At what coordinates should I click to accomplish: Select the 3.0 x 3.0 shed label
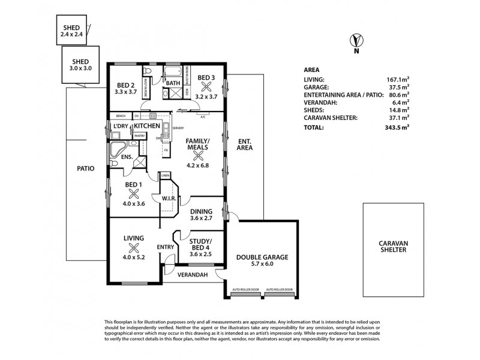point(80,65)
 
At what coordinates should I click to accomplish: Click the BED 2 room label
point(125,88)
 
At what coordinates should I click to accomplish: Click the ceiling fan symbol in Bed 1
point(134,193)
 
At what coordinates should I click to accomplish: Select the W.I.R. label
point(167,197)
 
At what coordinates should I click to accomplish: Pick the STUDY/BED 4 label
point(201,247)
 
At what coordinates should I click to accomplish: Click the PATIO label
point(86,169)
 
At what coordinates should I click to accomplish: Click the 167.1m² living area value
point(397,79)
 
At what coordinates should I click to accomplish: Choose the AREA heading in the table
point(312,69)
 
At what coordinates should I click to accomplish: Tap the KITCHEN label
point(146,126)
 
